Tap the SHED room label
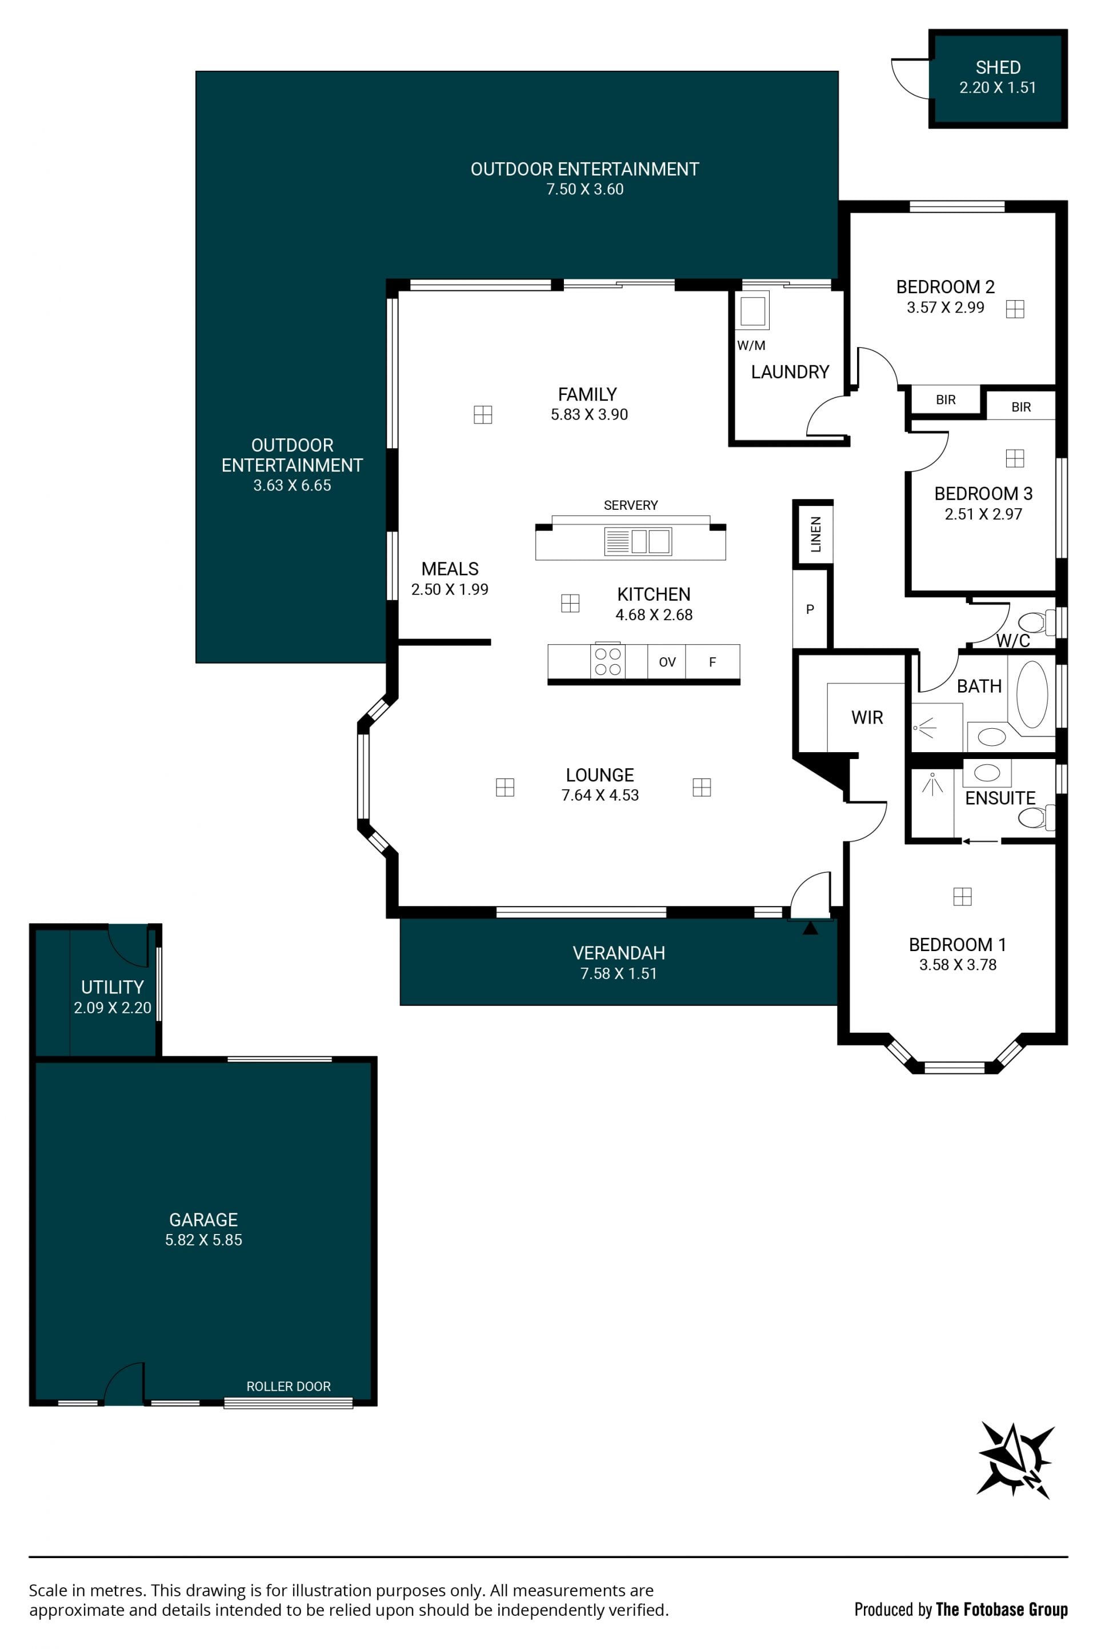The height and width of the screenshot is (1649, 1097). (998, 67)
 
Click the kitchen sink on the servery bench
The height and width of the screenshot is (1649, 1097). (638, 542)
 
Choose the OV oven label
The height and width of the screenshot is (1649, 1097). (667, 662)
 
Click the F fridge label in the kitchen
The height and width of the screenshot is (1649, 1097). (712, 662)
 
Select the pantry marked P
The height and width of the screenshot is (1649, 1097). (810, 609)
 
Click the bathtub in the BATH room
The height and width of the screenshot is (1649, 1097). (1032, 695)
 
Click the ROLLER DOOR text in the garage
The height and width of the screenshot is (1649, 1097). (288, 1386)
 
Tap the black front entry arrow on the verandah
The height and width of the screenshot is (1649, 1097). (810, 928)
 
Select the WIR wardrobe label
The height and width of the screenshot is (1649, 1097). (867, 717)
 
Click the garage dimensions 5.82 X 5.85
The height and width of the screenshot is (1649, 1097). (203, 1240)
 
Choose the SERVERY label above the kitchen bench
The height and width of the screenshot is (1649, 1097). (630, 505)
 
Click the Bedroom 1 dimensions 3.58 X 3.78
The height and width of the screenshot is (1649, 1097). (958, 964)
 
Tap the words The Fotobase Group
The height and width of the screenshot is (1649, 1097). (1002, 1609)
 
